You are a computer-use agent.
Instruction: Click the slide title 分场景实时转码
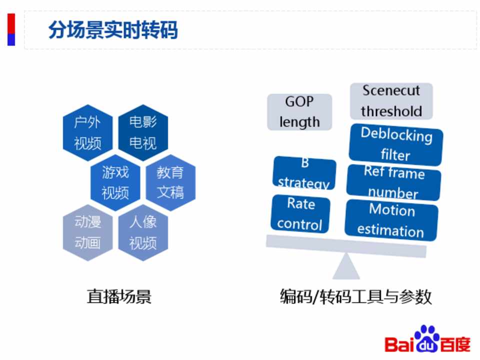tap(113, 29)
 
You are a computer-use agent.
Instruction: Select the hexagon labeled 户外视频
tap(88, 132)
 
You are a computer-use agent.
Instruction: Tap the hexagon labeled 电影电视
tap(143, 132)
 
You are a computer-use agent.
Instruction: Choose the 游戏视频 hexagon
tap(115, 182)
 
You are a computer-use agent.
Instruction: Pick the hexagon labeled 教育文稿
tap(170, 182)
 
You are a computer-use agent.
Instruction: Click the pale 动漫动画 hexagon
tap(88, 232)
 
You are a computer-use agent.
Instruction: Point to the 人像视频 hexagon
tap(143, 232)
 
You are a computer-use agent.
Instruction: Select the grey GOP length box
tap(299, 112)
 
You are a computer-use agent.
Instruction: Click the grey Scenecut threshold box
tap(391, 101)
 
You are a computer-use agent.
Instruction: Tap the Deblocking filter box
tap(396, 144)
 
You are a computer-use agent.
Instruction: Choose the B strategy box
tap(304, 173)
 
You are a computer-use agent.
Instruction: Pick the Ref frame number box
tap(393, 183)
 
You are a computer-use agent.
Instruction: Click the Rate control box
tap(300, 213)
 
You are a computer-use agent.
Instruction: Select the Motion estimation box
tap(391, 220)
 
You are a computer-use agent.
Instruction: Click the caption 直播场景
tap(119, 296)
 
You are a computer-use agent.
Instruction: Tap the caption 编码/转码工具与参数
tap(355, 296)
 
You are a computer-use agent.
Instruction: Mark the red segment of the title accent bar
tap(11, 23)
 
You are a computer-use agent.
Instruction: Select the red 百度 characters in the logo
tap(455, 344)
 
